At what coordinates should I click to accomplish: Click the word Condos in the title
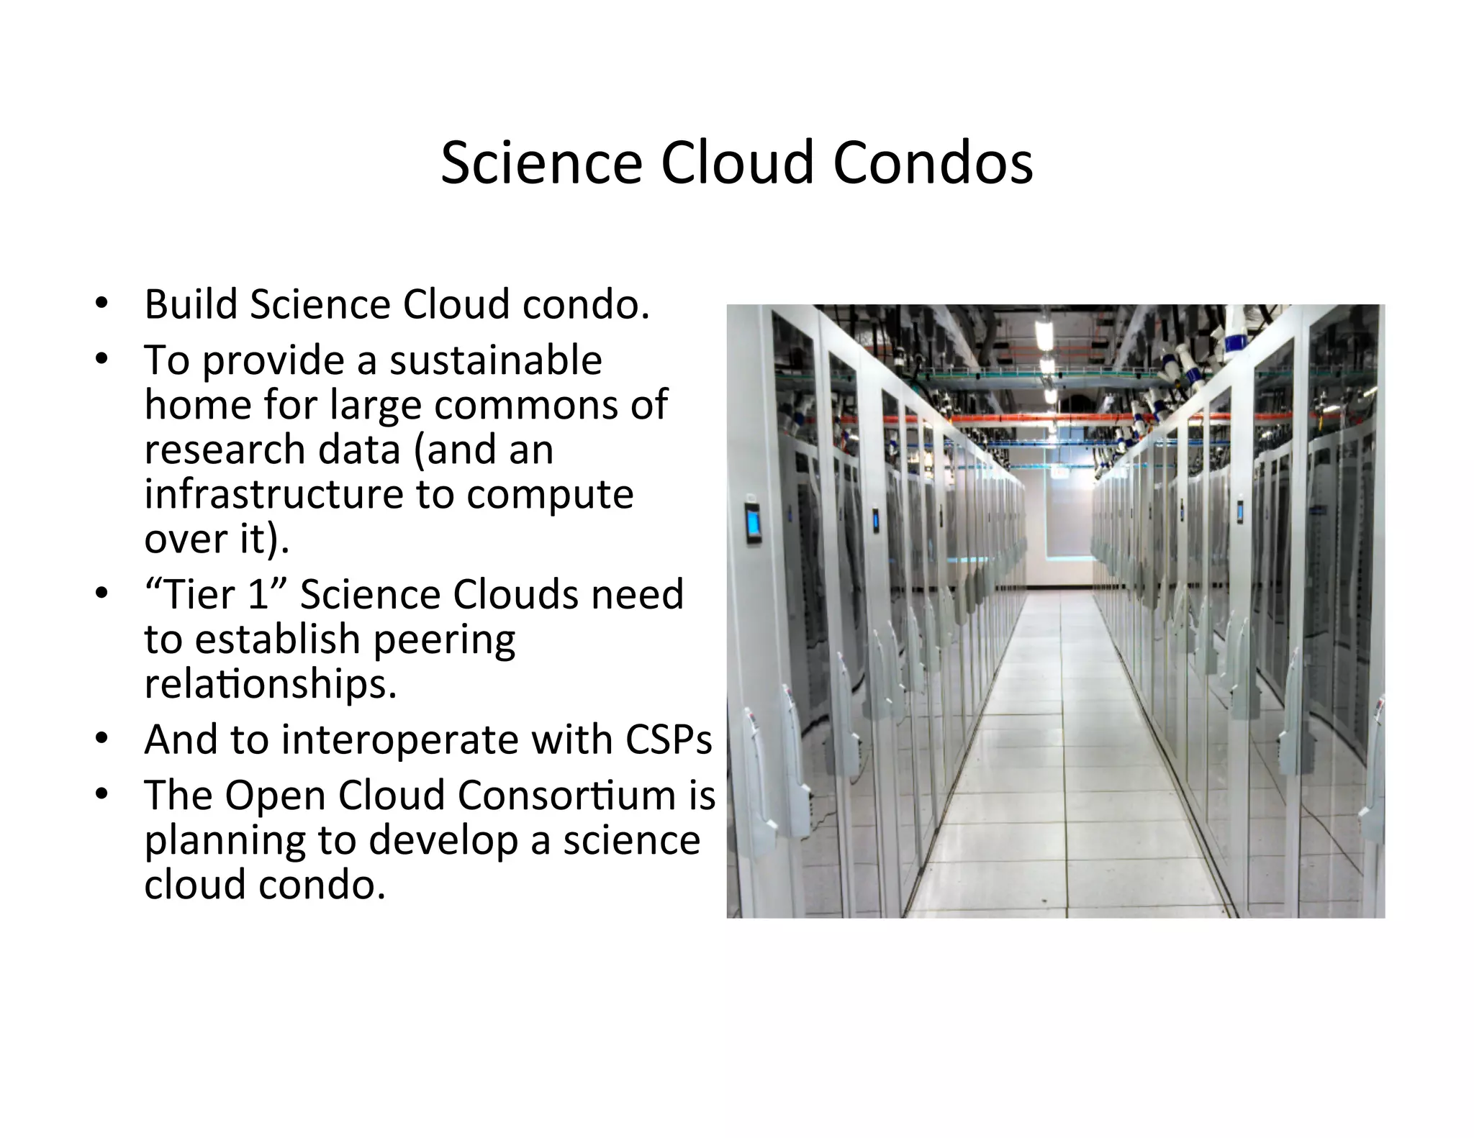[933, 163]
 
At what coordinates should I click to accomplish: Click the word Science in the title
[541, 163]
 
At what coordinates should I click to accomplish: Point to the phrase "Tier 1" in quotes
[217, 595]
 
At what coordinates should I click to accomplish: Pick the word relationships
[270, 684]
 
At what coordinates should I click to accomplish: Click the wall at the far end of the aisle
[1058, 532]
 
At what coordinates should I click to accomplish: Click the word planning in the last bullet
[222, 840]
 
